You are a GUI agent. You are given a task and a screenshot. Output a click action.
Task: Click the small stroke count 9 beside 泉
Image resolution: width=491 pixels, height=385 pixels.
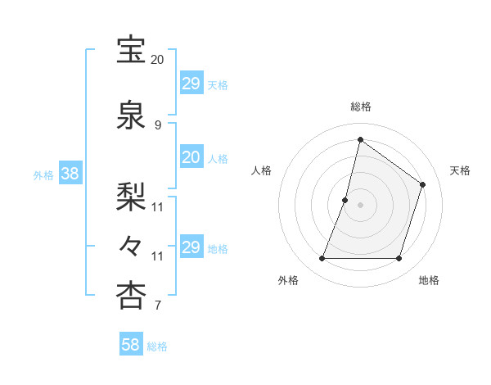(157, 125)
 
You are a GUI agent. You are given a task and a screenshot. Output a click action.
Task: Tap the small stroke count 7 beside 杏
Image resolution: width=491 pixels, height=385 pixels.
(157, 306)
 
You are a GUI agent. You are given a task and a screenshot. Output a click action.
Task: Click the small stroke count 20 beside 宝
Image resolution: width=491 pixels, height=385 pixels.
(157, 60)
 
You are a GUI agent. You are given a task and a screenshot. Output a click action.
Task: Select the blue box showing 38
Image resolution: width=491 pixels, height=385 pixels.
(70, 174)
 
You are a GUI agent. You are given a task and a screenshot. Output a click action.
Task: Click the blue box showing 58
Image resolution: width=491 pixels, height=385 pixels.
(131, 345)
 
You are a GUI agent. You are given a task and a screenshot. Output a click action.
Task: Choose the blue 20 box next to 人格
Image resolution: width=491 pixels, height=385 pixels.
(191, 158)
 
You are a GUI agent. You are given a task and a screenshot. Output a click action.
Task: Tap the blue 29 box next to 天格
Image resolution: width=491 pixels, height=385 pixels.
(191, 84)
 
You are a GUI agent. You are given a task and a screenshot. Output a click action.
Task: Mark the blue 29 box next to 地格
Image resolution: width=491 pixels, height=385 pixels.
(191, 247)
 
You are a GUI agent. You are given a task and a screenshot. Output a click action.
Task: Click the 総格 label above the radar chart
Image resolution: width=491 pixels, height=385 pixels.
(361, 106)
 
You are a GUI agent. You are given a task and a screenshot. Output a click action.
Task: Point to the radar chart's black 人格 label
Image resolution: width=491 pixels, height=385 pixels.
(261, 170)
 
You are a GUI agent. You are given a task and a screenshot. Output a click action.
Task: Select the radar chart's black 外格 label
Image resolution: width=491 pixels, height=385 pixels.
(288, 281)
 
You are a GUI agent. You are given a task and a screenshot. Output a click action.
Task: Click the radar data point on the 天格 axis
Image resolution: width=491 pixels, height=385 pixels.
(423, 184)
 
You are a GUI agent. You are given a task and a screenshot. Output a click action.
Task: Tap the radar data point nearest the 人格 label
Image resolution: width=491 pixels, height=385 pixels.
(345, 200)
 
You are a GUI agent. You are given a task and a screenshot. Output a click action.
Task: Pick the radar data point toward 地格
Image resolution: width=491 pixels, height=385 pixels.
(399, 259)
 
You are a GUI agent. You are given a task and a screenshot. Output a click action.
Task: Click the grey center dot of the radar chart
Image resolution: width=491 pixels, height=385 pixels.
(361, 205)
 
